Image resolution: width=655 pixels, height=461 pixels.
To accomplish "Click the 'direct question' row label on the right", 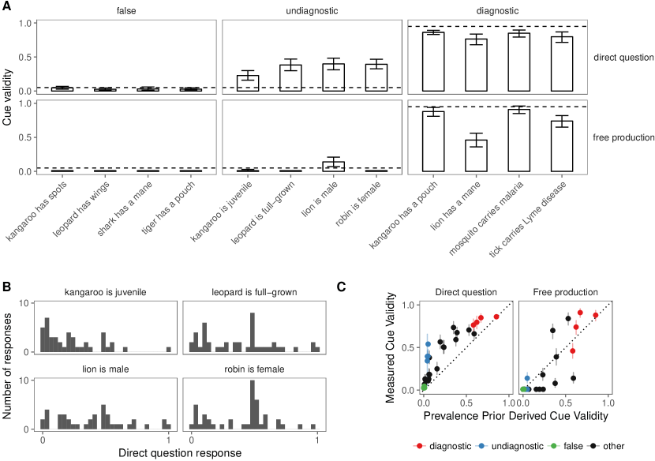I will [x=624, y=58].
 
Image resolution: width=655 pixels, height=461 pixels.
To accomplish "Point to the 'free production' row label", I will [x=624, y=137].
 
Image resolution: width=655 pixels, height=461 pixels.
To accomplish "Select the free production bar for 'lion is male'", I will [x=311, y=167].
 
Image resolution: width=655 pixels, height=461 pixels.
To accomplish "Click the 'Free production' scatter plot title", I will [x=565, y=292].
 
